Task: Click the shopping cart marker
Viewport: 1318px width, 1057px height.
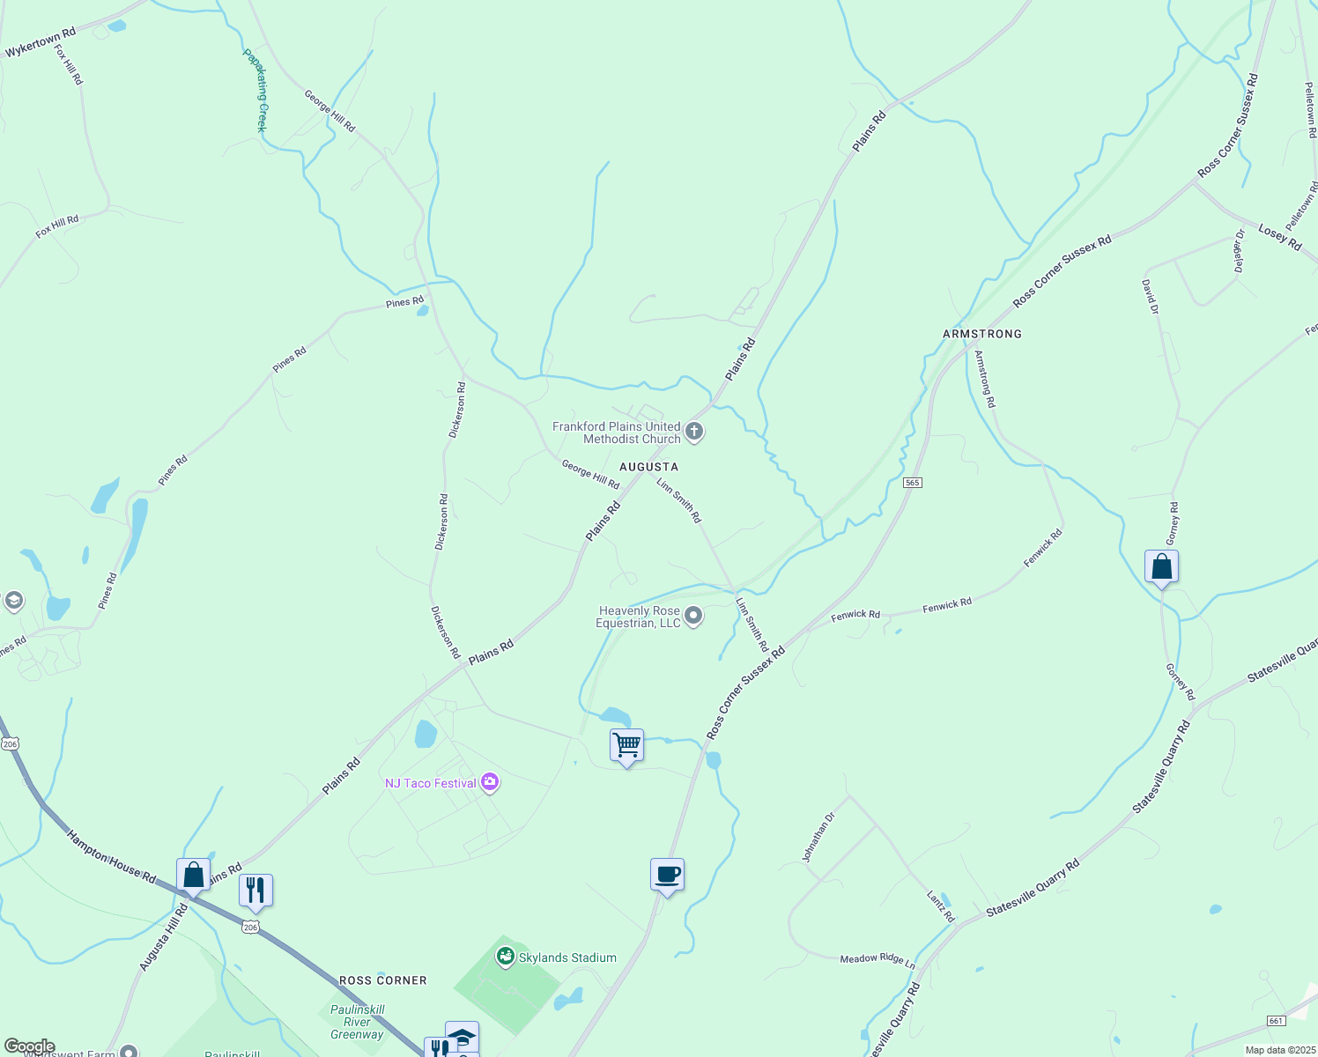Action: click(x=626, y=745)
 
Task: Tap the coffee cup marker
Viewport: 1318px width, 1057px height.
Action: click(x=667, y=875)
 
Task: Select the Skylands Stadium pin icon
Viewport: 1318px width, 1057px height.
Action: click(x=506, y=956)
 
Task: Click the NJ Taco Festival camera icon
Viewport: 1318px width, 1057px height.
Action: click(x=491, y=782)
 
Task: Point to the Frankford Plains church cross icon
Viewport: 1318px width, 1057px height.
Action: click(x=694, y=432)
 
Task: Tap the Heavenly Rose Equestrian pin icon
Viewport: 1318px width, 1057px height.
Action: click(x=693, y=616)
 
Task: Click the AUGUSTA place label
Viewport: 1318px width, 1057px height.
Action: click(x=648, y=467)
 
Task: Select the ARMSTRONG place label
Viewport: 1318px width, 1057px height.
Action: click(x=981, y=334)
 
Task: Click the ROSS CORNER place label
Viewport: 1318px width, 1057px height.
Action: click(x=382, y=980)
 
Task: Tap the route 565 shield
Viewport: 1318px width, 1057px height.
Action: click(x=912, y=483)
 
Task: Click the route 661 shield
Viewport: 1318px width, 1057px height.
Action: click(x=1275, y=1020)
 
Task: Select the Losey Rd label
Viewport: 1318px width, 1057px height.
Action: click(x=1279, y=237)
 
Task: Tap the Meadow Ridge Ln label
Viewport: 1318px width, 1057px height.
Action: click(x=877, y=959)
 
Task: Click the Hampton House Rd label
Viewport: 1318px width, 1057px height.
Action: click(x=111, y=856)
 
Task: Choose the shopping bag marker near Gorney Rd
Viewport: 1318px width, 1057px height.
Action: click(x=1161, y=566)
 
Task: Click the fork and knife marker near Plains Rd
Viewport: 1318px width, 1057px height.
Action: click(x=255, y=891)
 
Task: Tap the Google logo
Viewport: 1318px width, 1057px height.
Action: click(x=28, y=1046)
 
